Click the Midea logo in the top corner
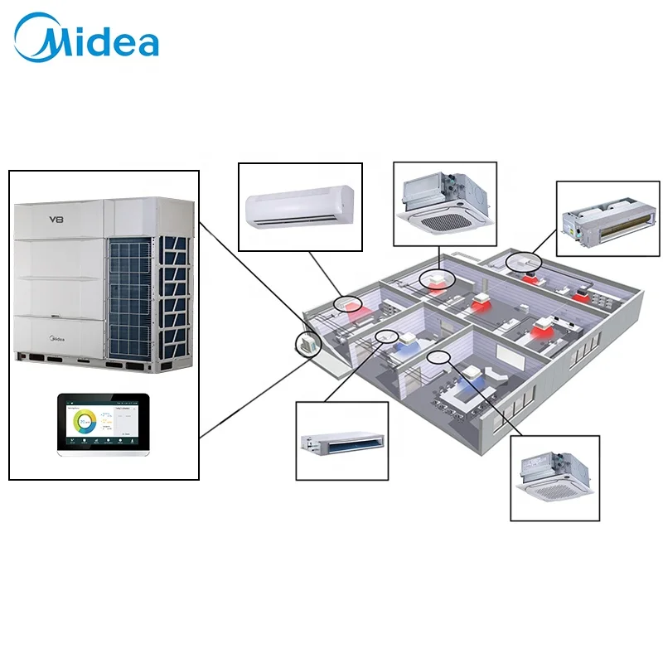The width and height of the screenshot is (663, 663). pyautogui.click(x=88, y=40)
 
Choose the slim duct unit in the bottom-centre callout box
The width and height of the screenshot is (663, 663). pyautogui.click(x=341, y=441)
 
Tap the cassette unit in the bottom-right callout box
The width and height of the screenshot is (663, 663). pyautogui.click(x=553, y=478)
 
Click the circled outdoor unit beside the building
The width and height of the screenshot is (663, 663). pyautogui.click(x=307, y=344)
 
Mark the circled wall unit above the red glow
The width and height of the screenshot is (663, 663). pyautogui.click(x=347, y=303)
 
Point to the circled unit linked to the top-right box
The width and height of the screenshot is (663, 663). pyautogui.click(x=524, y=261)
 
